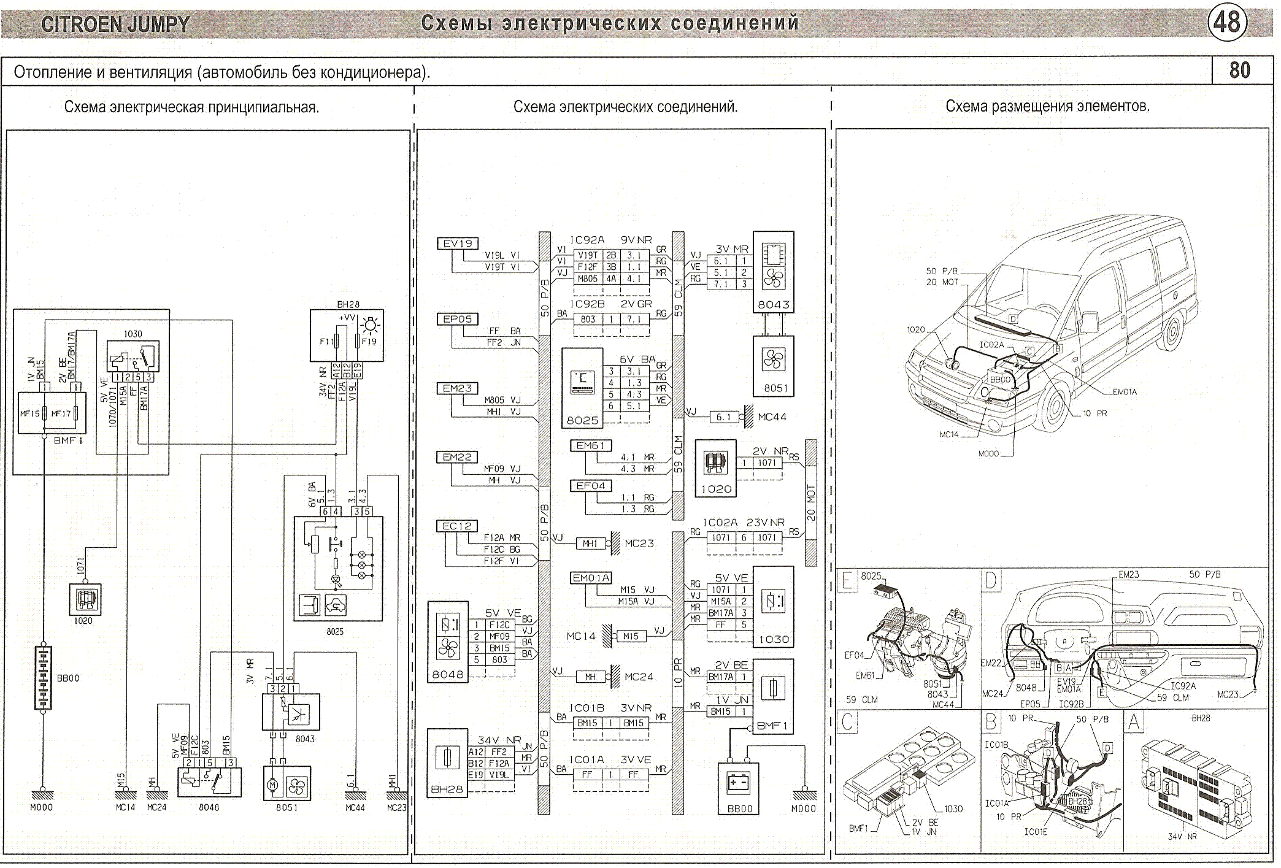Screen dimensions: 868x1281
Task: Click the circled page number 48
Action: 1227,23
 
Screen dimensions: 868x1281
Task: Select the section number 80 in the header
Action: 1239,71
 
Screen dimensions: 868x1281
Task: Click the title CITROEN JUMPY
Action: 115,25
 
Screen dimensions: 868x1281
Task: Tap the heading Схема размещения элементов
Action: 1047,106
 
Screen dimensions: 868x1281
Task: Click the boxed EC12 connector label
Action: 457,526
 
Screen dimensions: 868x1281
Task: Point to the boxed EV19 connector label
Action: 458,244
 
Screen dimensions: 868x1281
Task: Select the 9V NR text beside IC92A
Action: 636,240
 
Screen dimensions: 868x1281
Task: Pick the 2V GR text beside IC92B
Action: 636,304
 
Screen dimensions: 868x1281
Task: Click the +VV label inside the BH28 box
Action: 347,318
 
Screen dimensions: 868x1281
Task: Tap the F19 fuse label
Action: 369,342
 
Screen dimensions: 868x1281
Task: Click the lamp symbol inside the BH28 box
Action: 371,325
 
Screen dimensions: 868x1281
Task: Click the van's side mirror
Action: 1090,322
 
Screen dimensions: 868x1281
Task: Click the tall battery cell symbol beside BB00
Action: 43,678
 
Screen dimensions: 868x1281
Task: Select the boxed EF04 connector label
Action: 590,486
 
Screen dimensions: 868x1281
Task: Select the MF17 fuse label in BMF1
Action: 61,413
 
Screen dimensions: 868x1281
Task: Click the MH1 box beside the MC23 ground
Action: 590,543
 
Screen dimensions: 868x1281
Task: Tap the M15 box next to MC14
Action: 631,636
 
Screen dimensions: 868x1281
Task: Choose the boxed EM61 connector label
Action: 590,446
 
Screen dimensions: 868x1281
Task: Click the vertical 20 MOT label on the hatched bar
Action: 811,503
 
